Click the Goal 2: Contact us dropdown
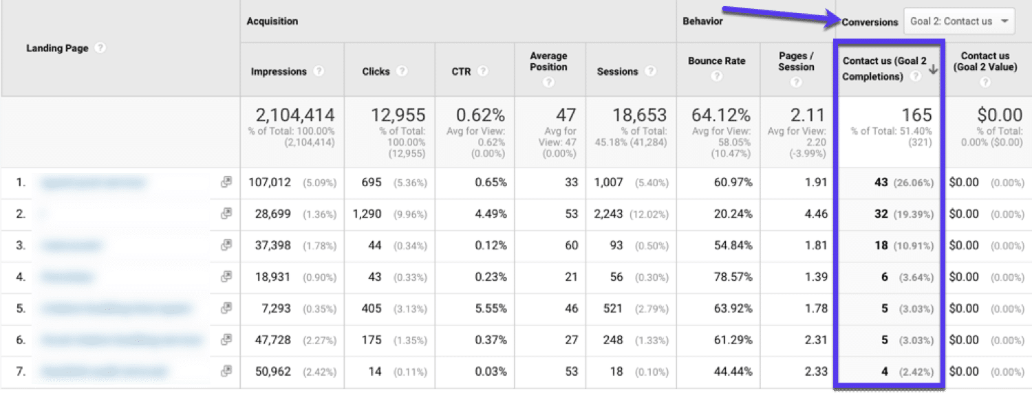(x=959, y=21)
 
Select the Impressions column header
(x=279, y=71)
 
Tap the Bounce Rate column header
(x=716, y=61)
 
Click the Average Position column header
(x=548, y=62)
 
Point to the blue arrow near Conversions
(x=777, y=15)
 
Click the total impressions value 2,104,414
(x=295, y=115)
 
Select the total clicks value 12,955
(x=398, y=115)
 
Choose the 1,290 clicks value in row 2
(x=367, y=214)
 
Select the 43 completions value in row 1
(x=881, y=183)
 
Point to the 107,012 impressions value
(x=270, y=183)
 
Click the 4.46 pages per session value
(x=816, y=214)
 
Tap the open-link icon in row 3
(x=226, y=245)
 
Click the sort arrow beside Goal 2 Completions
(x=933, y=69)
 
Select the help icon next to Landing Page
(x=100, y=48)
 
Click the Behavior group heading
(x=702, y=21)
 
